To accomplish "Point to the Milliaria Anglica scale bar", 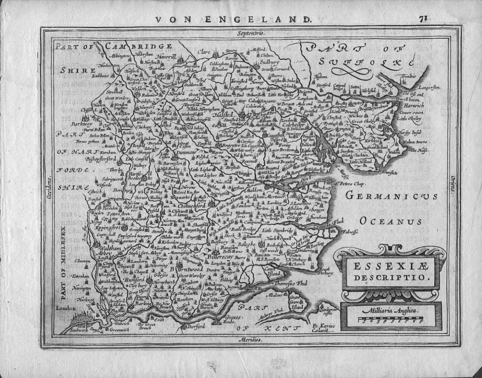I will [x=391, y=320].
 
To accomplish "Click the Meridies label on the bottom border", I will [x=251, y=340].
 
